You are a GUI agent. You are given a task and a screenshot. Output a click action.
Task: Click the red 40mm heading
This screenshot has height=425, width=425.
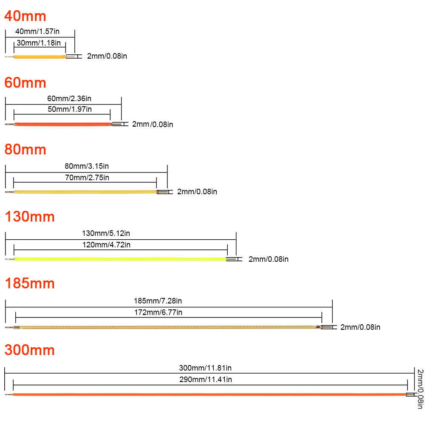click(x=25, y=16)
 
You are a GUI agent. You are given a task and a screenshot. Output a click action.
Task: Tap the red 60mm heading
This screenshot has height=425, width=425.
click(x=25, y=82)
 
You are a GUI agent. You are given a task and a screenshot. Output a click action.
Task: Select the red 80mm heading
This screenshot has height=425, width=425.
click(x=25, y=150)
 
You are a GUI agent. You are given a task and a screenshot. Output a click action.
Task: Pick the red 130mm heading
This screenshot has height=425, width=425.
click(x=30, y=217)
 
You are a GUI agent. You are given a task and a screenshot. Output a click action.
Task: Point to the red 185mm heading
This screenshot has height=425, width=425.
click(x=30, y=283)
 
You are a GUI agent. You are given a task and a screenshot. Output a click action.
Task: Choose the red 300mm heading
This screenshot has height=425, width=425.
click(x=30, y=350)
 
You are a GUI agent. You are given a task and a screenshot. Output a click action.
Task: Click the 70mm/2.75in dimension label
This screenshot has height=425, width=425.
click(x=87, y=178)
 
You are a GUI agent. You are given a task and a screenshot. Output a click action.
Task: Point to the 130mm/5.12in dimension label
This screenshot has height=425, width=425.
click(x=106, y=233)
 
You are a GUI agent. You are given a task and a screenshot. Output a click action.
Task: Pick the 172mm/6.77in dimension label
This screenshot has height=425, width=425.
click(x=158, y=312)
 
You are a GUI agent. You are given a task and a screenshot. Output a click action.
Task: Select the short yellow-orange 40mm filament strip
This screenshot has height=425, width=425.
click(x=40, y=57)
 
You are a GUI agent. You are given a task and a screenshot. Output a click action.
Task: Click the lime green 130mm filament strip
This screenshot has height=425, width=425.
click(x=120, y=259)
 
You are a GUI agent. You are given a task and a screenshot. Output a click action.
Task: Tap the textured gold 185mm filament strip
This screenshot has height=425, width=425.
click(x=169, y=327)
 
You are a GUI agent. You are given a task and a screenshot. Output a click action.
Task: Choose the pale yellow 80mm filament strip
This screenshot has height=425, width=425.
click(x=85, y=192)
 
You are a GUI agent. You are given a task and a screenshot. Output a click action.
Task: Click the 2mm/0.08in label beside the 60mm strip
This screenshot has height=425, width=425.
click(x=153, y=125)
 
